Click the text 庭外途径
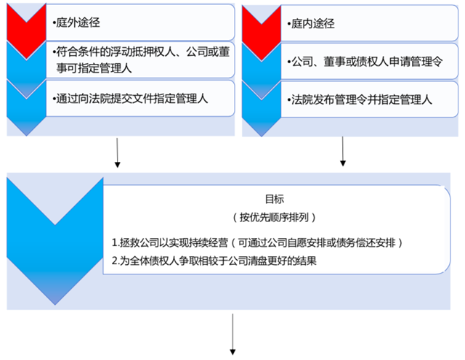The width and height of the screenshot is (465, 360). tap(77, 23)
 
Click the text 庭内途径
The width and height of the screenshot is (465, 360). tap(312, 23)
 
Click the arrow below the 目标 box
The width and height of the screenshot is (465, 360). tap(233, 333)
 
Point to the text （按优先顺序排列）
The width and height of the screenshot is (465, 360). tap(275, 217)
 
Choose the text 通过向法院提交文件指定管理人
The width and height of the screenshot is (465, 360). tap(132, 99)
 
